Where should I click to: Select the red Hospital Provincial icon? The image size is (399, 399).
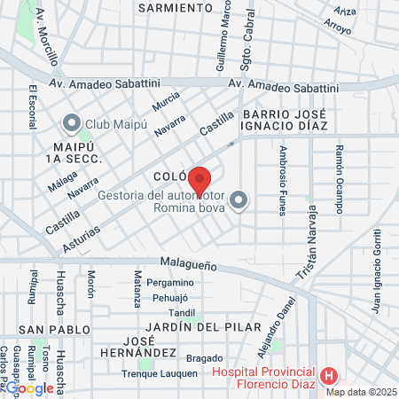click(330, 376)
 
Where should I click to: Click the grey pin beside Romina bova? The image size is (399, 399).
click(239, 201)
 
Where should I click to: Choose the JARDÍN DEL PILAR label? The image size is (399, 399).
click(186, 327)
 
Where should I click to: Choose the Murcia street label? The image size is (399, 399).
click(166, 105)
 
